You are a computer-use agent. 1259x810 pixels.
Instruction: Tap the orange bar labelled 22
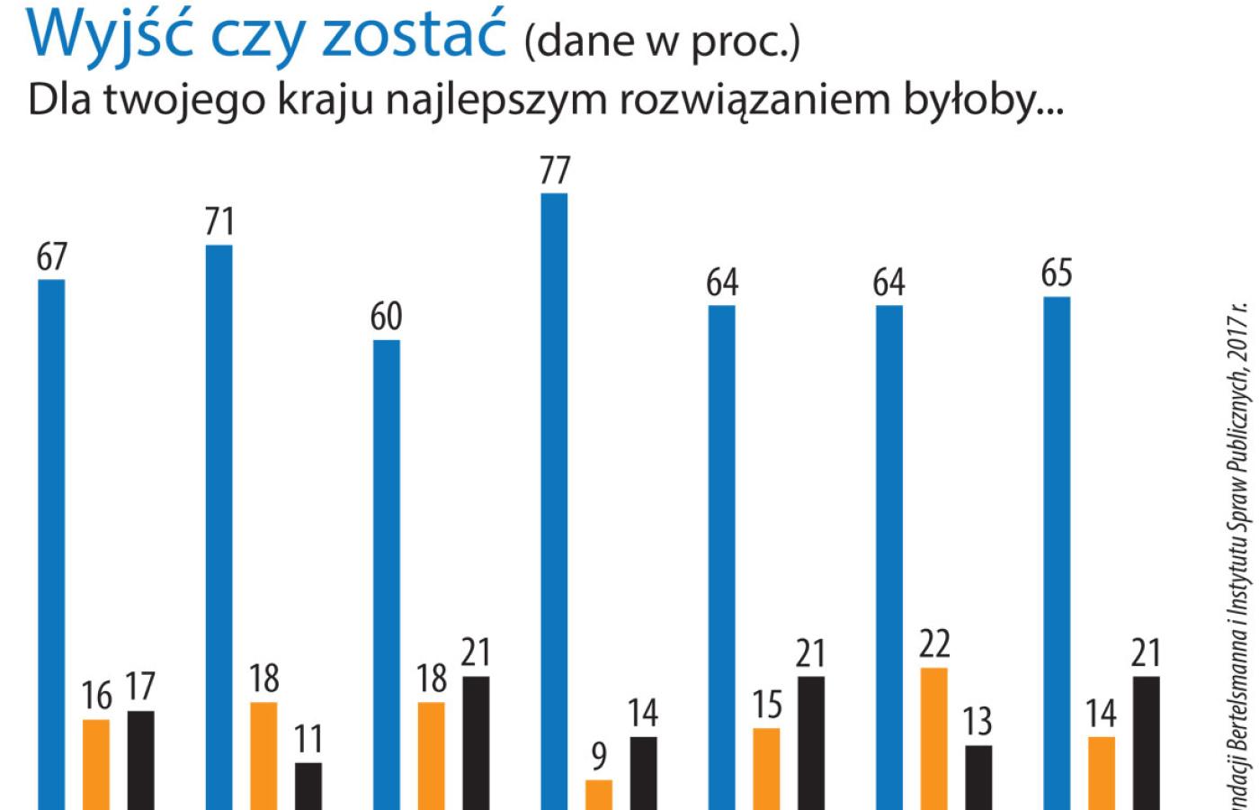point(934,738)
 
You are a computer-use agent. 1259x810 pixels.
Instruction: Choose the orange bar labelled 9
point(599,794)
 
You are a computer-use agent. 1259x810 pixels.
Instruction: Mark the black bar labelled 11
point(308,786)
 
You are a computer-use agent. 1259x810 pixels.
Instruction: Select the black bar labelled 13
point(978,777)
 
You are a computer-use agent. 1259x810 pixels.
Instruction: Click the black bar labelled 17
point(140,760)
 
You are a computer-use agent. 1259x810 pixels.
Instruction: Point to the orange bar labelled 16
point(96,764)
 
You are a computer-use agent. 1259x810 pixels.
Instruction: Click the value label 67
point(52,257)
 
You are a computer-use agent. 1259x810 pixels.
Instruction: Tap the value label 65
point(1057,274)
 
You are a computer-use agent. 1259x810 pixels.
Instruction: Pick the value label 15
point(767,705)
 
